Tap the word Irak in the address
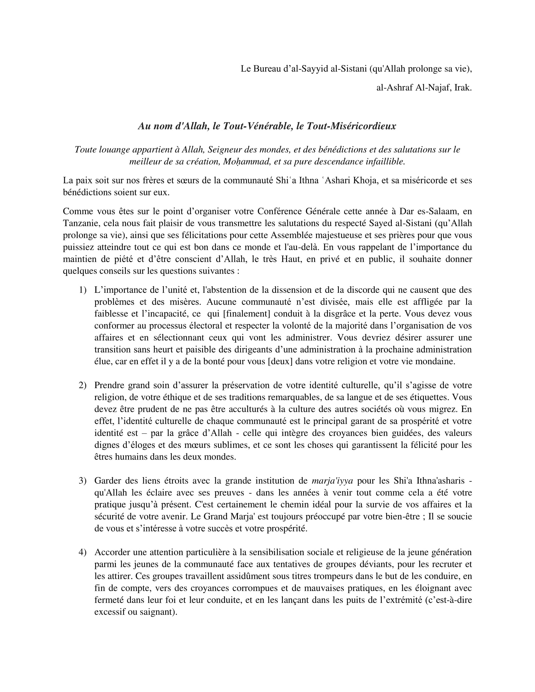coord(463,88)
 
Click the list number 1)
coord(82,290)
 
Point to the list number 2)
coord(82,385)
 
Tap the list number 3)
coord(82,481)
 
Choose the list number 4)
coord(82,552)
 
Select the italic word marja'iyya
coord(332,481)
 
